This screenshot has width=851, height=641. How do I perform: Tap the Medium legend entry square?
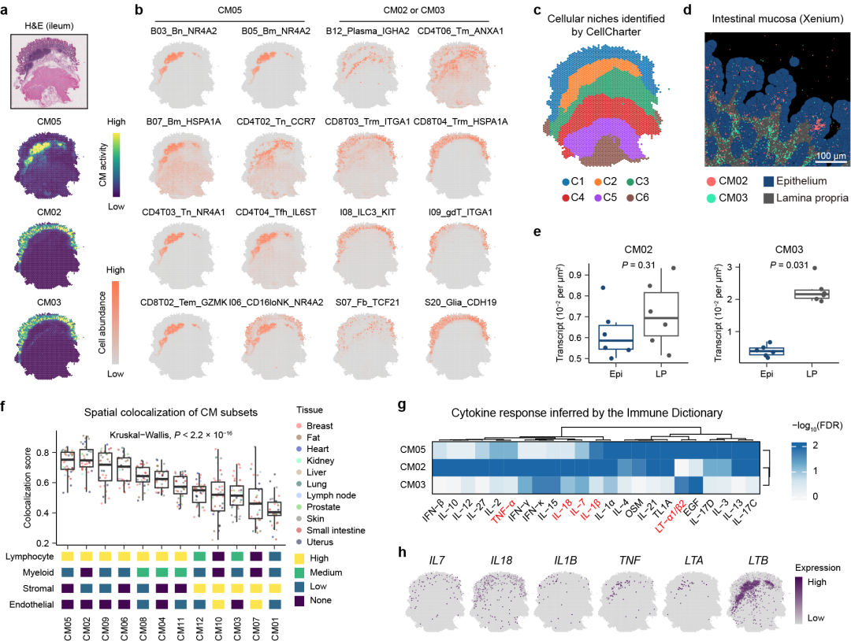(x=299, y=573)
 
